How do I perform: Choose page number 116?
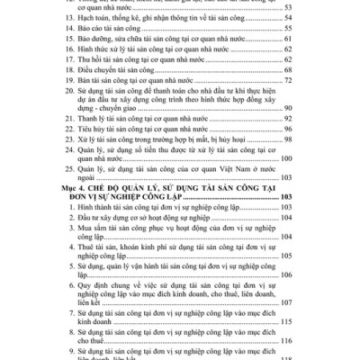click(x=287, y=341)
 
